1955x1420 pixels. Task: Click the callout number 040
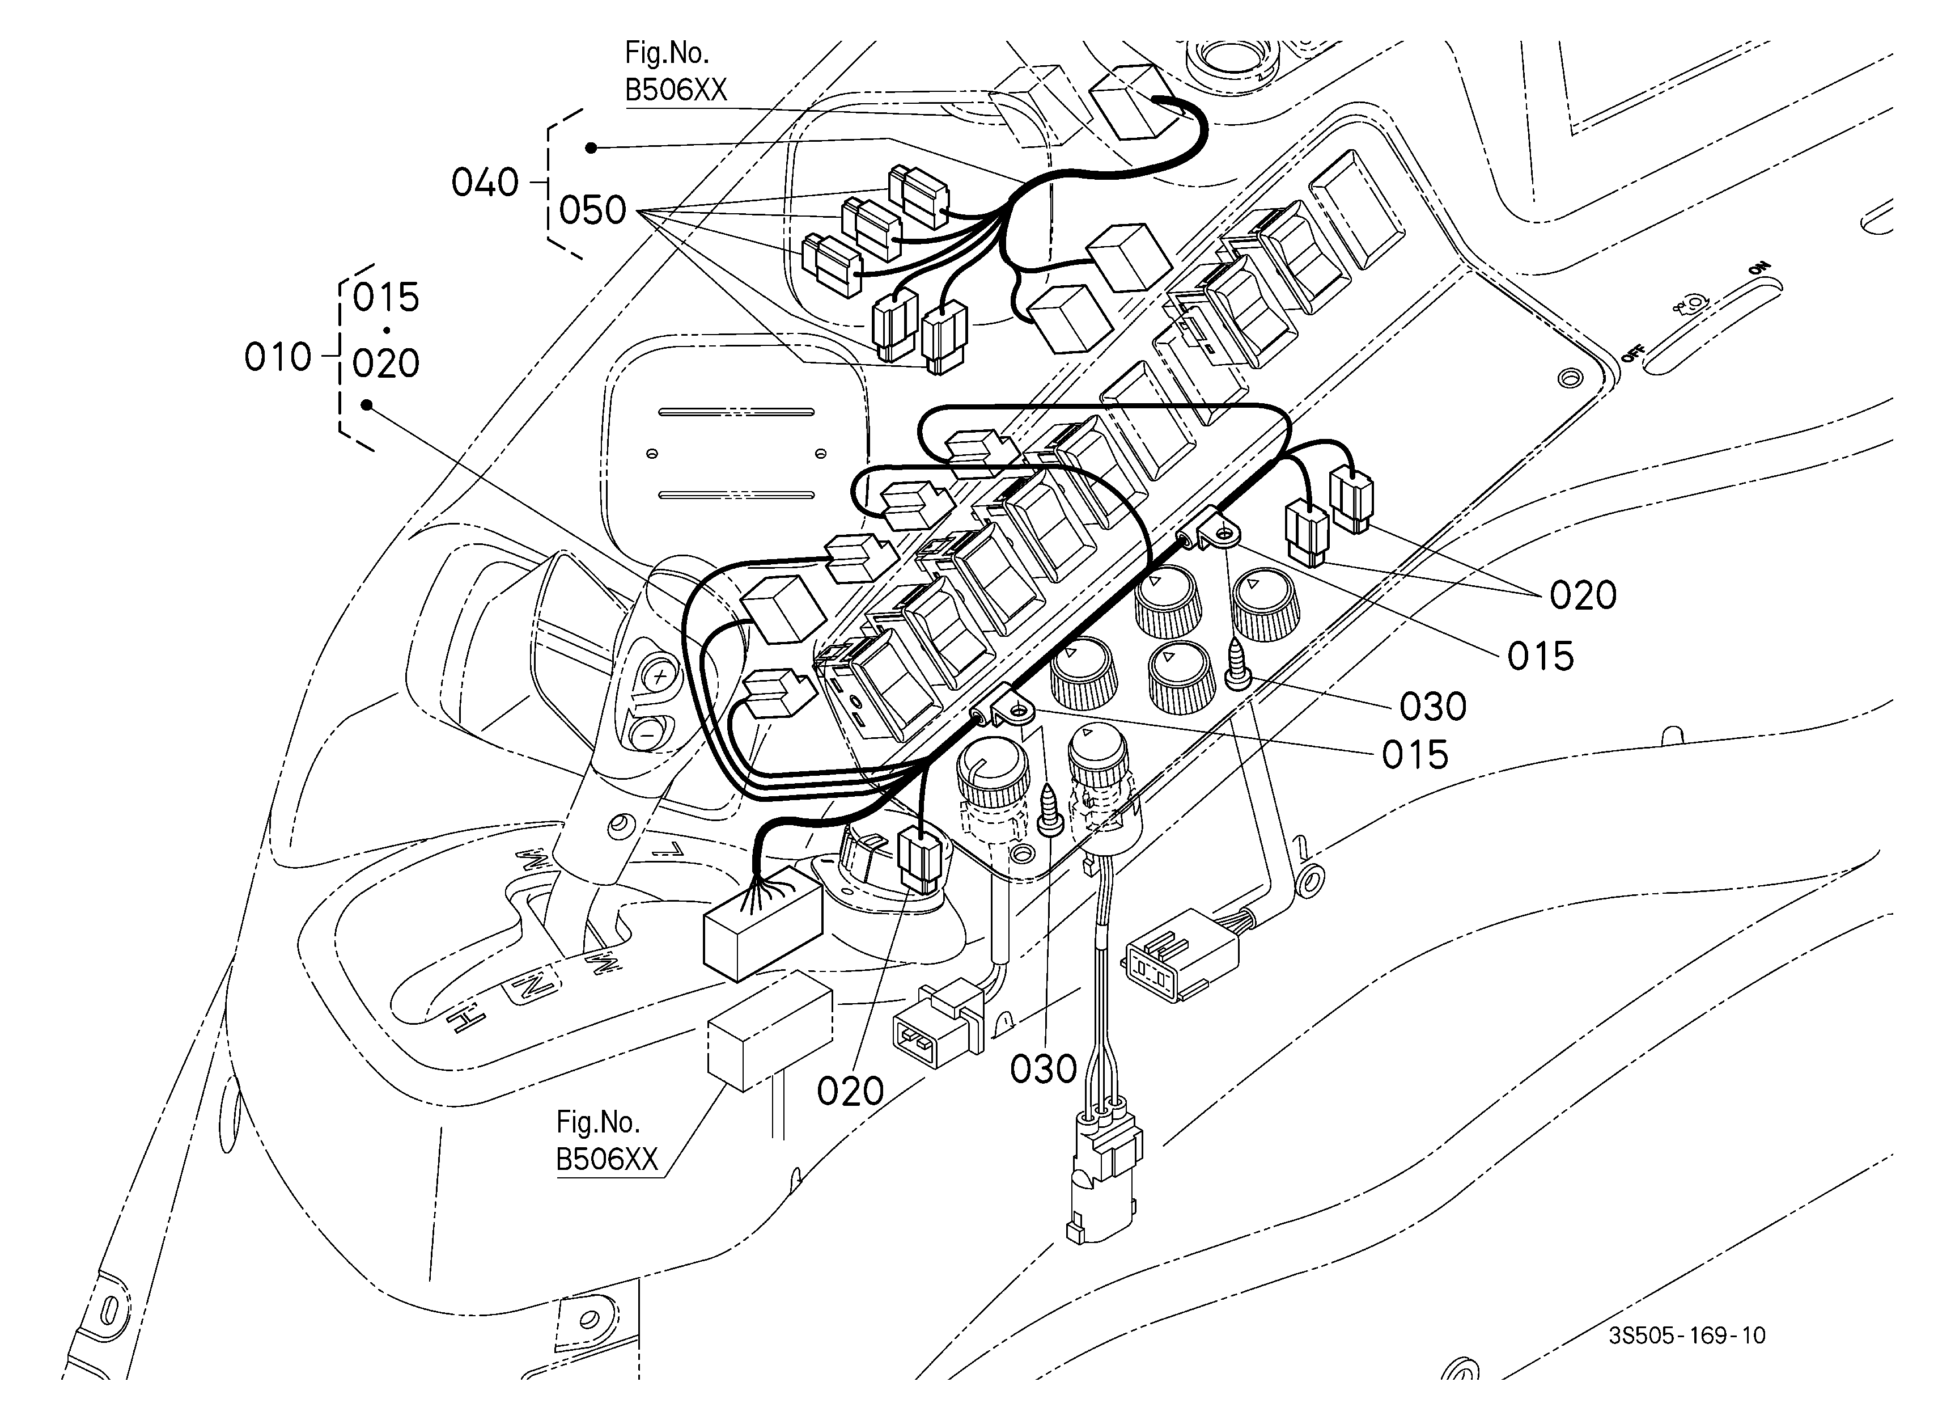[x=485, y=183]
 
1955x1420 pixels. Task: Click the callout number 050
[x=592, y=210]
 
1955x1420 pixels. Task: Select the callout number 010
[x=278, y=357]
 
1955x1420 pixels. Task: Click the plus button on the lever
[x=658, y=676]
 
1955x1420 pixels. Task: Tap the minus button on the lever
[x=645, y=734]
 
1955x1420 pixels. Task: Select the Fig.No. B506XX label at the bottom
[x=607, y=1140]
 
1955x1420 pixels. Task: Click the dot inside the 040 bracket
[x=591, y=147]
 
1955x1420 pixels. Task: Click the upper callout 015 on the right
[x=1541, y=657]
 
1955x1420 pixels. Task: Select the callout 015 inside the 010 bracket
[x=386, y=298]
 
